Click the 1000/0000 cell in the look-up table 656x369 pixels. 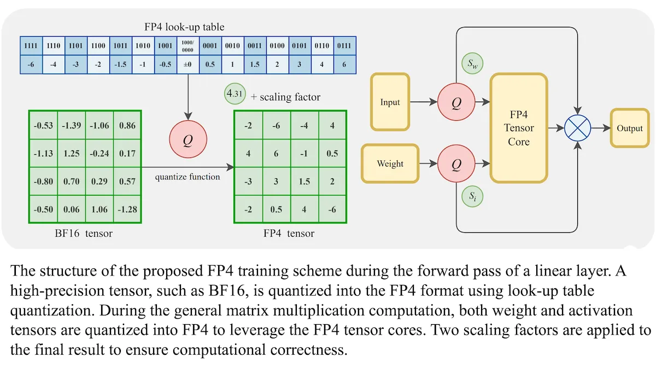(x=188, y=46)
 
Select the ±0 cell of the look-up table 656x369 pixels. (x=188, y=64)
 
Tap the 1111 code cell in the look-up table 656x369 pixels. (x=31, y=46)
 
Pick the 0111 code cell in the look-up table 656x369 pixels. (x=344, y=46)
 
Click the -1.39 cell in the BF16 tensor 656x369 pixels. (x=72, y=125)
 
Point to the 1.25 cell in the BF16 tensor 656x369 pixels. (x=72, y=153)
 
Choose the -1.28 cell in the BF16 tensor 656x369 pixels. (x=127, y=209)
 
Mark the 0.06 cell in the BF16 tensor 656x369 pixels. (x=72, y=209)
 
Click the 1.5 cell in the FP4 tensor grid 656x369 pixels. (x=304, y=181)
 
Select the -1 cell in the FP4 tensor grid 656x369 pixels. (x=304, y=153)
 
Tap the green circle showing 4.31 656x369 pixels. (x=235, y=93)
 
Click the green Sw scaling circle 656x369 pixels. (x=472, y=63)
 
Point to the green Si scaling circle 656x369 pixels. (x=472, y=196)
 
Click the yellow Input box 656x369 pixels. (x=390, y=102)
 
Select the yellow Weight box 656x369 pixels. (x=390, y=163)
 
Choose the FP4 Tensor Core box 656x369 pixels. (x=519, y=128)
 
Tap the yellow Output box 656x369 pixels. (x=630, y=128)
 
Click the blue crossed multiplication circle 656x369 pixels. (x=577, y=128)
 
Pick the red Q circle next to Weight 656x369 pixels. (x=456, y=163)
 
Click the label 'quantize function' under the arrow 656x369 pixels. (x=188, y=177)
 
